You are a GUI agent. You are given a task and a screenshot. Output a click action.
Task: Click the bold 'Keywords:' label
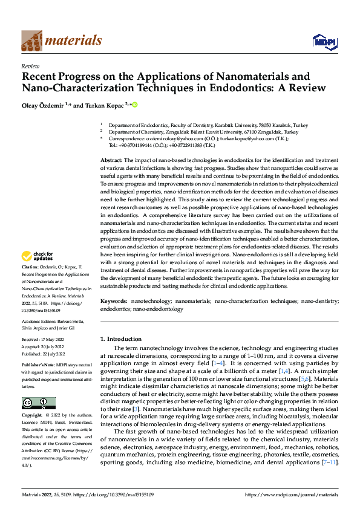tap(114, 300)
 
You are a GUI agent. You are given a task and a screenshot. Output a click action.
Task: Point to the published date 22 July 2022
tap(53, 354)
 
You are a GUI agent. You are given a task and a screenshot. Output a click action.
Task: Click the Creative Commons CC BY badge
tap(38, 386)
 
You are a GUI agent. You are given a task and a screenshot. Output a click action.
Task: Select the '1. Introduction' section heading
tap(121, 339)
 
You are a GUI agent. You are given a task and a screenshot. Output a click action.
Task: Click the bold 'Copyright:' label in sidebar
tap(32, 399)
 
